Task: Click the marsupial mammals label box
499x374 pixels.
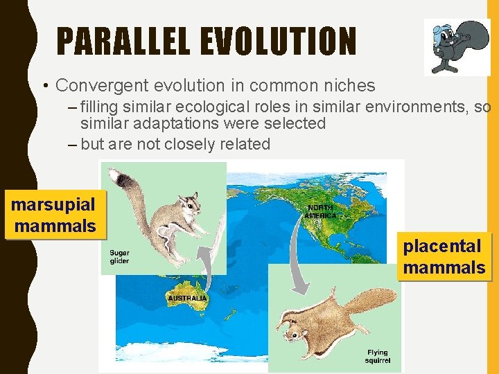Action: click(54, 215)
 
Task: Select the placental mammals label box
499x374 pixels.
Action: click(444, 256)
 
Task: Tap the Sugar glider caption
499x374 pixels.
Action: click(119, 257)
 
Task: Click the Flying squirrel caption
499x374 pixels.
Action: click(378, 356)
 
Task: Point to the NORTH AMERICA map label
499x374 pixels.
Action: click(320, 211)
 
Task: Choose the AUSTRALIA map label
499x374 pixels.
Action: click(187, 298)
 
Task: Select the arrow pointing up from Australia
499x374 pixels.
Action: click(204, 260)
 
